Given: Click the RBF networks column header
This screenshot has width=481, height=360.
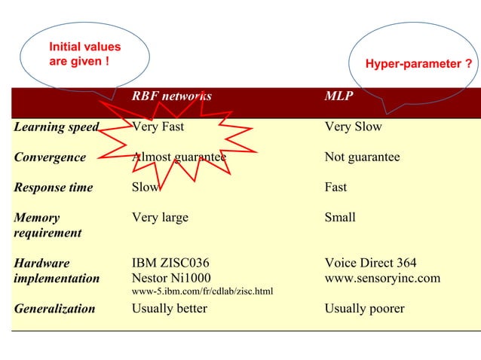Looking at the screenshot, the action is [x=171, y=96].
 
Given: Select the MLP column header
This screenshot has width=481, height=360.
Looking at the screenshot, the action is [x=338, y=96].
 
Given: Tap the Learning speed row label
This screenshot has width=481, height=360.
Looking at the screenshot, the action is [x=56, y=127].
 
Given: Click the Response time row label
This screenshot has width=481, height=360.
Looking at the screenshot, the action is [x=54, y=188].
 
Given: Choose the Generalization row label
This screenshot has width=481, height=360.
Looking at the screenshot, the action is [x=54, y=309].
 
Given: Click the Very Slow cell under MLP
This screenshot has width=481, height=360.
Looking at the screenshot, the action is [x=353, y=127].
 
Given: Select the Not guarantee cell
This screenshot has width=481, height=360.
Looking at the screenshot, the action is [x=362, y=157].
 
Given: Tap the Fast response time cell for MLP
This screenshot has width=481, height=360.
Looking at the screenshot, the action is [x=335, y=188].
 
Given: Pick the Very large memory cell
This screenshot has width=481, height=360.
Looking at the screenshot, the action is [x=160, y=218].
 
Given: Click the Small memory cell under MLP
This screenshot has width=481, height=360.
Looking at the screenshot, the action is [x=339, y=218].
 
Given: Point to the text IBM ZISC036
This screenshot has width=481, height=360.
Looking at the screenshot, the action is [x=170, y=263].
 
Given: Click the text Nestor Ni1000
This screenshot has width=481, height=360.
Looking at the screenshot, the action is [x=171, y=278].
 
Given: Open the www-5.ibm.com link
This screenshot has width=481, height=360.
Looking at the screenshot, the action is [x=202, y=291].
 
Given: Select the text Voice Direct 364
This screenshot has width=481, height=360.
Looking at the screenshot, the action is [x=370, y=263].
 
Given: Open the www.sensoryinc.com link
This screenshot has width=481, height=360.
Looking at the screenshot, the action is [x=382, y=278].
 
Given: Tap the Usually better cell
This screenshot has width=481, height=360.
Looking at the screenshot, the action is [x=169, y=308].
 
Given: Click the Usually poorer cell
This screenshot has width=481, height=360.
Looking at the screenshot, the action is [x=364, y=308].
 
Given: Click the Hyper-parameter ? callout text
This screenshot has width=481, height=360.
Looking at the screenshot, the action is [x=418, y=65].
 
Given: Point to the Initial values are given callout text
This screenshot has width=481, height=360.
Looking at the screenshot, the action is [x=84, y=53].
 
